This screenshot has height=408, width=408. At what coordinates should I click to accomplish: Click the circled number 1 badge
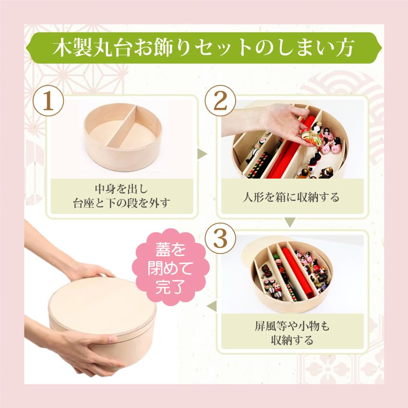[x=48, y=101]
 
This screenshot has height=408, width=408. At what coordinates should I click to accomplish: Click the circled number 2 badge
[x=220, y=101]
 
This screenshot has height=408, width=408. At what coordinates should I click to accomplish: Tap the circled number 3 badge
[x=220, y=239]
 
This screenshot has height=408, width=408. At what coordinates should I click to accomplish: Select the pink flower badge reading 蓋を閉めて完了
[x=170, y=268]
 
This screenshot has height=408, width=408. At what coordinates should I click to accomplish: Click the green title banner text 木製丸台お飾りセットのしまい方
[x=203, y=48]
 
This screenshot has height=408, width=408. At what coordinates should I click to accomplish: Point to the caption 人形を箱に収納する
[x=291, y=197]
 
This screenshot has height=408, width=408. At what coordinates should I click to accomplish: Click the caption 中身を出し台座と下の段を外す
[x=121, y=196]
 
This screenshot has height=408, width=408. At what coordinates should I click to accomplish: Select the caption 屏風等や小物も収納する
[x=292, y=333]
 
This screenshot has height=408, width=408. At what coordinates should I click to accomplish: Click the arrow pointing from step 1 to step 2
[x=202, y=154]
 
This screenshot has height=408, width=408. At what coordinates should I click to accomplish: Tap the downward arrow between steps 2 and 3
[x=290, y=222]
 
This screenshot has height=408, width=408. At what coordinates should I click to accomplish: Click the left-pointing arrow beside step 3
[x=212, y=306]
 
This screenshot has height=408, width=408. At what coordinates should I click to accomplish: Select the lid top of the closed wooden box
[x=102, y=305]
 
